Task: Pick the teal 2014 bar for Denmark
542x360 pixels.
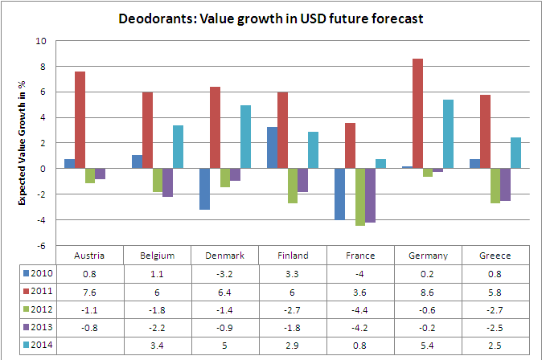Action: tap(246, 137)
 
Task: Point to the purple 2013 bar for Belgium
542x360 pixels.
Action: tap(167, 182)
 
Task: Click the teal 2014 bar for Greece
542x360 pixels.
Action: tap(516, 153)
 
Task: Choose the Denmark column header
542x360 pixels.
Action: tap(224, 255)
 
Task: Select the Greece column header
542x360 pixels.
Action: tap(496, 255)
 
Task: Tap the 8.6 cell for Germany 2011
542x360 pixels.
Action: tap(428, 291)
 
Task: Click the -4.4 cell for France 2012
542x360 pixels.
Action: tap(360, 309)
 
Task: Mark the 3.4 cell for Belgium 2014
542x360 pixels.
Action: tap(157, 345)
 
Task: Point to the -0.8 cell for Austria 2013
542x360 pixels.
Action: tap(89, 327)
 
